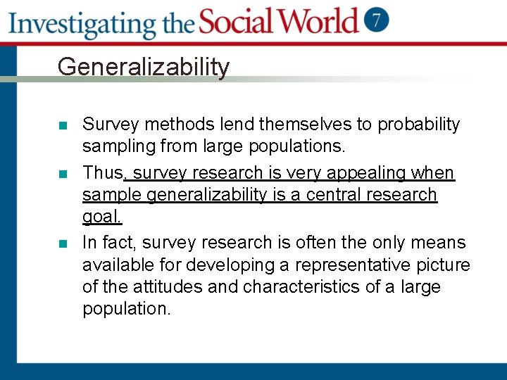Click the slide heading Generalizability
pos(143,67)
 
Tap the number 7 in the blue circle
pos(377,20)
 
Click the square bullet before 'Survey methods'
pos(63,126)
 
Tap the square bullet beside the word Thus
pos(63,174)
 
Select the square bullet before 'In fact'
pos(63,244)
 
